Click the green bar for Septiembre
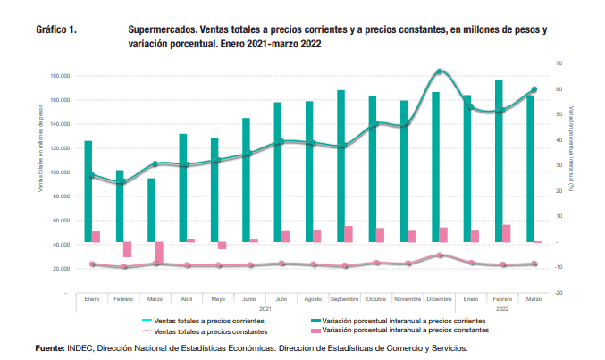tap(340, 165)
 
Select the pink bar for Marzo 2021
tap(159, 252)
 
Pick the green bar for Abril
tap(182, 188)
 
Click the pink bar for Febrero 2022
tap(506, 233)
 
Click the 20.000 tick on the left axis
tap(61, 269)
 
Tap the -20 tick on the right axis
tap(558, 293)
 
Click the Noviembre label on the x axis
tap(408, 299)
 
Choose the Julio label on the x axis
tap(281, 299)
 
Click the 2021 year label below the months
tap(265, 307)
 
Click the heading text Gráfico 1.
tap(55, 29)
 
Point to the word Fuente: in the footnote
tap(51, 347)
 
